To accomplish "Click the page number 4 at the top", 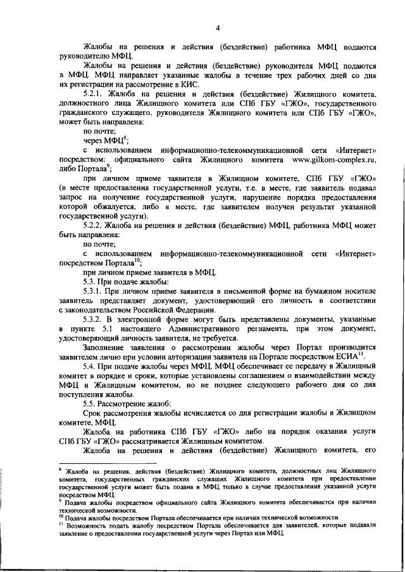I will pyautogui.click(x=217, y=27).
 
